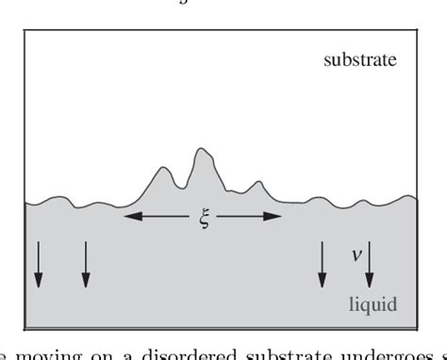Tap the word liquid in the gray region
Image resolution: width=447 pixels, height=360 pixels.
(373, 303)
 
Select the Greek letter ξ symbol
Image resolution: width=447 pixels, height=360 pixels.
(203, 223)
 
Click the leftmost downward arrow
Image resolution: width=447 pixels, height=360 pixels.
(38, 264)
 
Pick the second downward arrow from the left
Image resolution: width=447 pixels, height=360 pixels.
(86, 264)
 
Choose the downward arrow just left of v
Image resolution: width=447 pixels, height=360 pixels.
(323, 264)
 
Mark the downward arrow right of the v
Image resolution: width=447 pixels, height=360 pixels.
(370, 264)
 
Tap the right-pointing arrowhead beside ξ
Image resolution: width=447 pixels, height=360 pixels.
(275, 217)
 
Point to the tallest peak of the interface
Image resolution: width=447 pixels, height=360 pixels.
(200, 149)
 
